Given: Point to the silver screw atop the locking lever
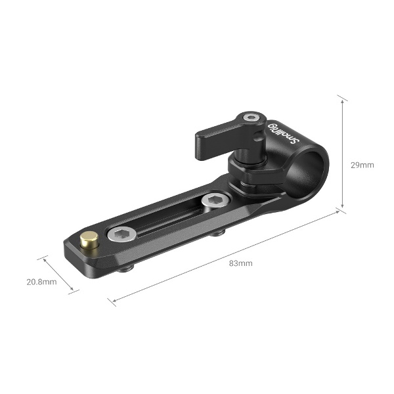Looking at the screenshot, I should [x=250, y=119].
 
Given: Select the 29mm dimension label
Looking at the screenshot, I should [x=362, y=165].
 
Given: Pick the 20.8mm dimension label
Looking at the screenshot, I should [x=41, y=282].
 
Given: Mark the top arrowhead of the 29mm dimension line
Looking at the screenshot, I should [x=341, y=97].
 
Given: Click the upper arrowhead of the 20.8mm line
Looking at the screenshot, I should [x=45, y=258].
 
